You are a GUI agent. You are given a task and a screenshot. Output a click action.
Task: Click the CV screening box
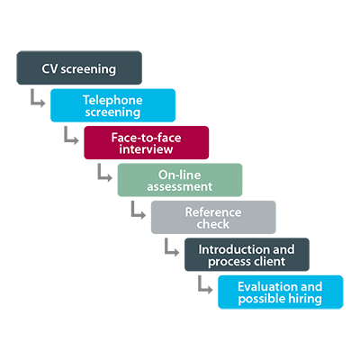coord(79,67)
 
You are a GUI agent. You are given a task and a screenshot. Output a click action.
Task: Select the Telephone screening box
coord(112,105)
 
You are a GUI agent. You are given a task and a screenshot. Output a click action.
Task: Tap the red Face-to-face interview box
coord(147,142)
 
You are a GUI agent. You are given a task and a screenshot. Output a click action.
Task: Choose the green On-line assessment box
coord(180,180)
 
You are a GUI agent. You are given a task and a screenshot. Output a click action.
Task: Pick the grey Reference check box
coord(213,217)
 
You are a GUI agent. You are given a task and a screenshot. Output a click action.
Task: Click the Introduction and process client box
coord(247,255)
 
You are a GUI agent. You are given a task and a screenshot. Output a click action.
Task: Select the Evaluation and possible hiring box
coord(281,292)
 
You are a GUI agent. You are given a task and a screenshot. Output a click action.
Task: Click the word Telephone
coord(112,100)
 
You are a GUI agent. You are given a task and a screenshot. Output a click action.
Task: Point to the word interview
coord(146,149)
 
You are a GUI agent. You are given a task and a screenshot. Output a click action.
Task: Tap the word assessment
coord(180,186)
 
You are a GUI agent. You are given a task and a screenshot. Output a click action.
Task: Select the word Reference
coord(213,212)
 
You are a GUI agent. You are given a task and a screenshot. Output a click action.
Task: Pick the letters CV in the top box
coord(49,68)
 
